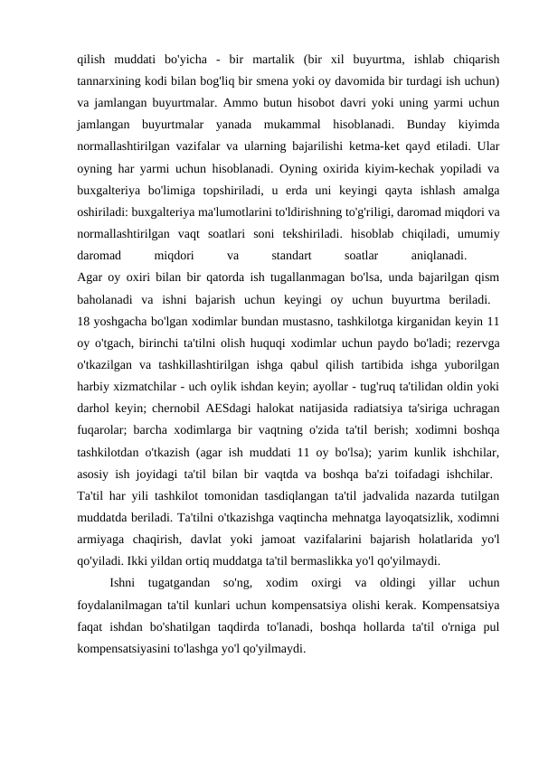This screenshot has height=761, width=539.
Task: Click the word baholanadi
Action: (108, 300)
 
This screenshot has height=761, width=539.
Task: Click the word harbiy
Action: (95, 387)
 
